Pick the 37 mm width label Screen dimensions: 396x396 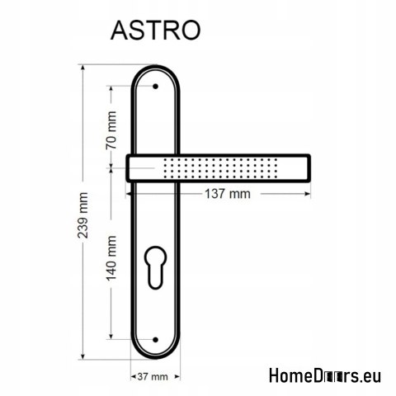point(155,376)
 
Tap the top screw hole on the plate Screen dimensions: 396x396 point(155,85)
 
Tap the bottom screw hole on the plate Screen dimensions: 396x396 point(155,338)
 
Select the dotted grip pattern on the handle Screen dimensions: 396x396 point(223,168)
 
